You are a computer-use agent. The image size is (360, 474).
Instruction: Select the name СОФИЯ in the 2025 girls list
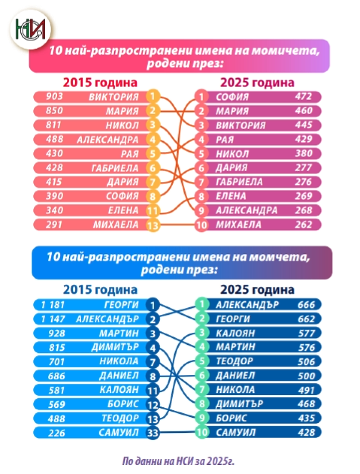coord(232,97)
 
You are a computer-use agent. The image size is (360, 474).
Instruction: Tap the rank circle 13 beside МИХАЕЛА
coord(153,226)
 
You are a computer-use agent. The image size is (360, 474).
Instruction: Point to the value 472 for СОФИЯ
coord(303,97)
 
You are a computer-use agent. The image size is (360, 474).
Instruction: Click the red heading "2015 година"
coord(100,82)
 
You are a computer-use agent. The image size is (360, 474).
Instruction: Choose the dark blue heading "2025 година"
coord(257,290)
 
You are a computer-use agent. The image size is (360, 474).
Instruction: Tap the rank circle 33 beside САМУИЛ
coord(153,433)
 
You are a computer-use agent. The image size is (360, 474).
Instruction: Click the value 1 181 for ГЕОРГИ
coord(53,305)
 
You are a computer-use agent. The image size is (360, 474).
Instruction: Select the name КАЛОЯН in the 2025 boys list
coord(235,333)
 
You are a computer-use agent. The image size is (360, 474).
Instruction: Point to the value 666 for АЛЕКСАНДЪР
coord(306,305)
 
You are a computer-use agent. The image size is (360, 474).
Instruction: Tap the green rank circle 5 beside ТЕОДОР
coord(202,361)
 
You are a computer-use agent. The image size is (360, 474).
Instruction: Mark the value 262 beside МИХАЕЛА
coord(303,225)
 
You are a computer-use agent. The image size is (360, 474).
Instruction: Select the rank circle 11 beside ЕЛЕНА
coord(153,211)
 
